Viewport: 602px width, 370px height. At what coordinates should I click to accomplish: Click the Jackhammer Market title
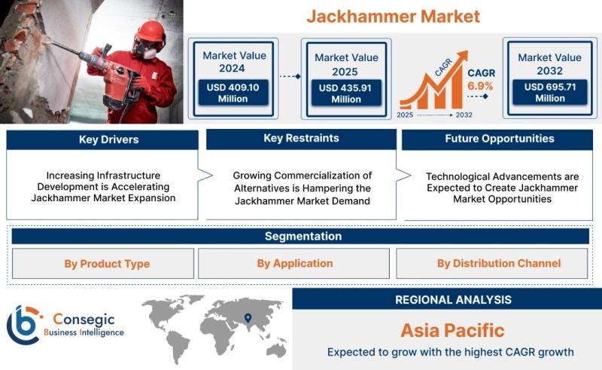point(393,17)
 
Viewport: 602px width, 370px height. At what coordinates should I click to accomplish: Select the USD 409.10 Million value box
point(233,93)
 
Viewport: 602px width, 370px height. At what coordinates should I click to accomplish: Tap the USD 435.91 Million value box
point(346,93)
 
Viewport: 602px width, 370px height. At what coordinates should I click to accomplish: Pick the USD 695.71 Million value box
point(550,92)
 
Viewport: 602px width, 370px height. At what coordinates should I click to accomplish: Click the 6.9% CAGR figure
point(480,86)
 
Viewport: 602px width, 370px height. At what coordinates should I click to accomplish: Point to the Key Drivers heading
point(108,139)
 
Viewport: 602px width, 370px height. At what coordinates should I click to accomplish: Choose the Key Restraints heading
point(301,138)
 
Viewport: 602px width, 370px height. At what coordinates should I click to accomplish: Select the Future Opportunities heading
point(500,139)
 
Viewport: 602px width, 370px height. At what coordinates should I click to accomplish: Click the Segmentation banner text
point(303,236)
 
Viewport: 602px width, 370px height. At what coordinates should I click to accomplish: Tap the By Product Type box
point(103,264)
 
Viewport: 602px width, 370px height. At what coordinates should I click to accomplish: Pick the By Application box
point(293,264)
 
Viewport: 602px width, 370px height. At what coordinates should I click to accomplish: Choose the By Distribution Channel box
point(492,264)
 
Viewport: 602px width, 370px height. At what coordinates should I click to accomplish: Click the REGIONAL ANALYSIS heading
point(454,300)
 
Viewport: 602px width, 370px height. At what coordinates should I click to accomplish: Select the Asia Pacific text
point(453,330)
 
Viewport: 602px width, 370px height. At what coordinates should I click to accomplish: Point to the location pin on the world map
point(248,318)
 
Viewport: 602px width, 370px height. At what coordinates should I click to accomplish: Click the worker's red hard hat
point(150,31)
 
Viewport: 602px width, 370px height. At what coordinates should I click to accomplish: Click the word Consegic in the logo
point(84,320)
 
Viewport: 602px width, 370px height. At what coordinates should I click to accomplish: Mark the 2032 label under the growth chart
point(464,115)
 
